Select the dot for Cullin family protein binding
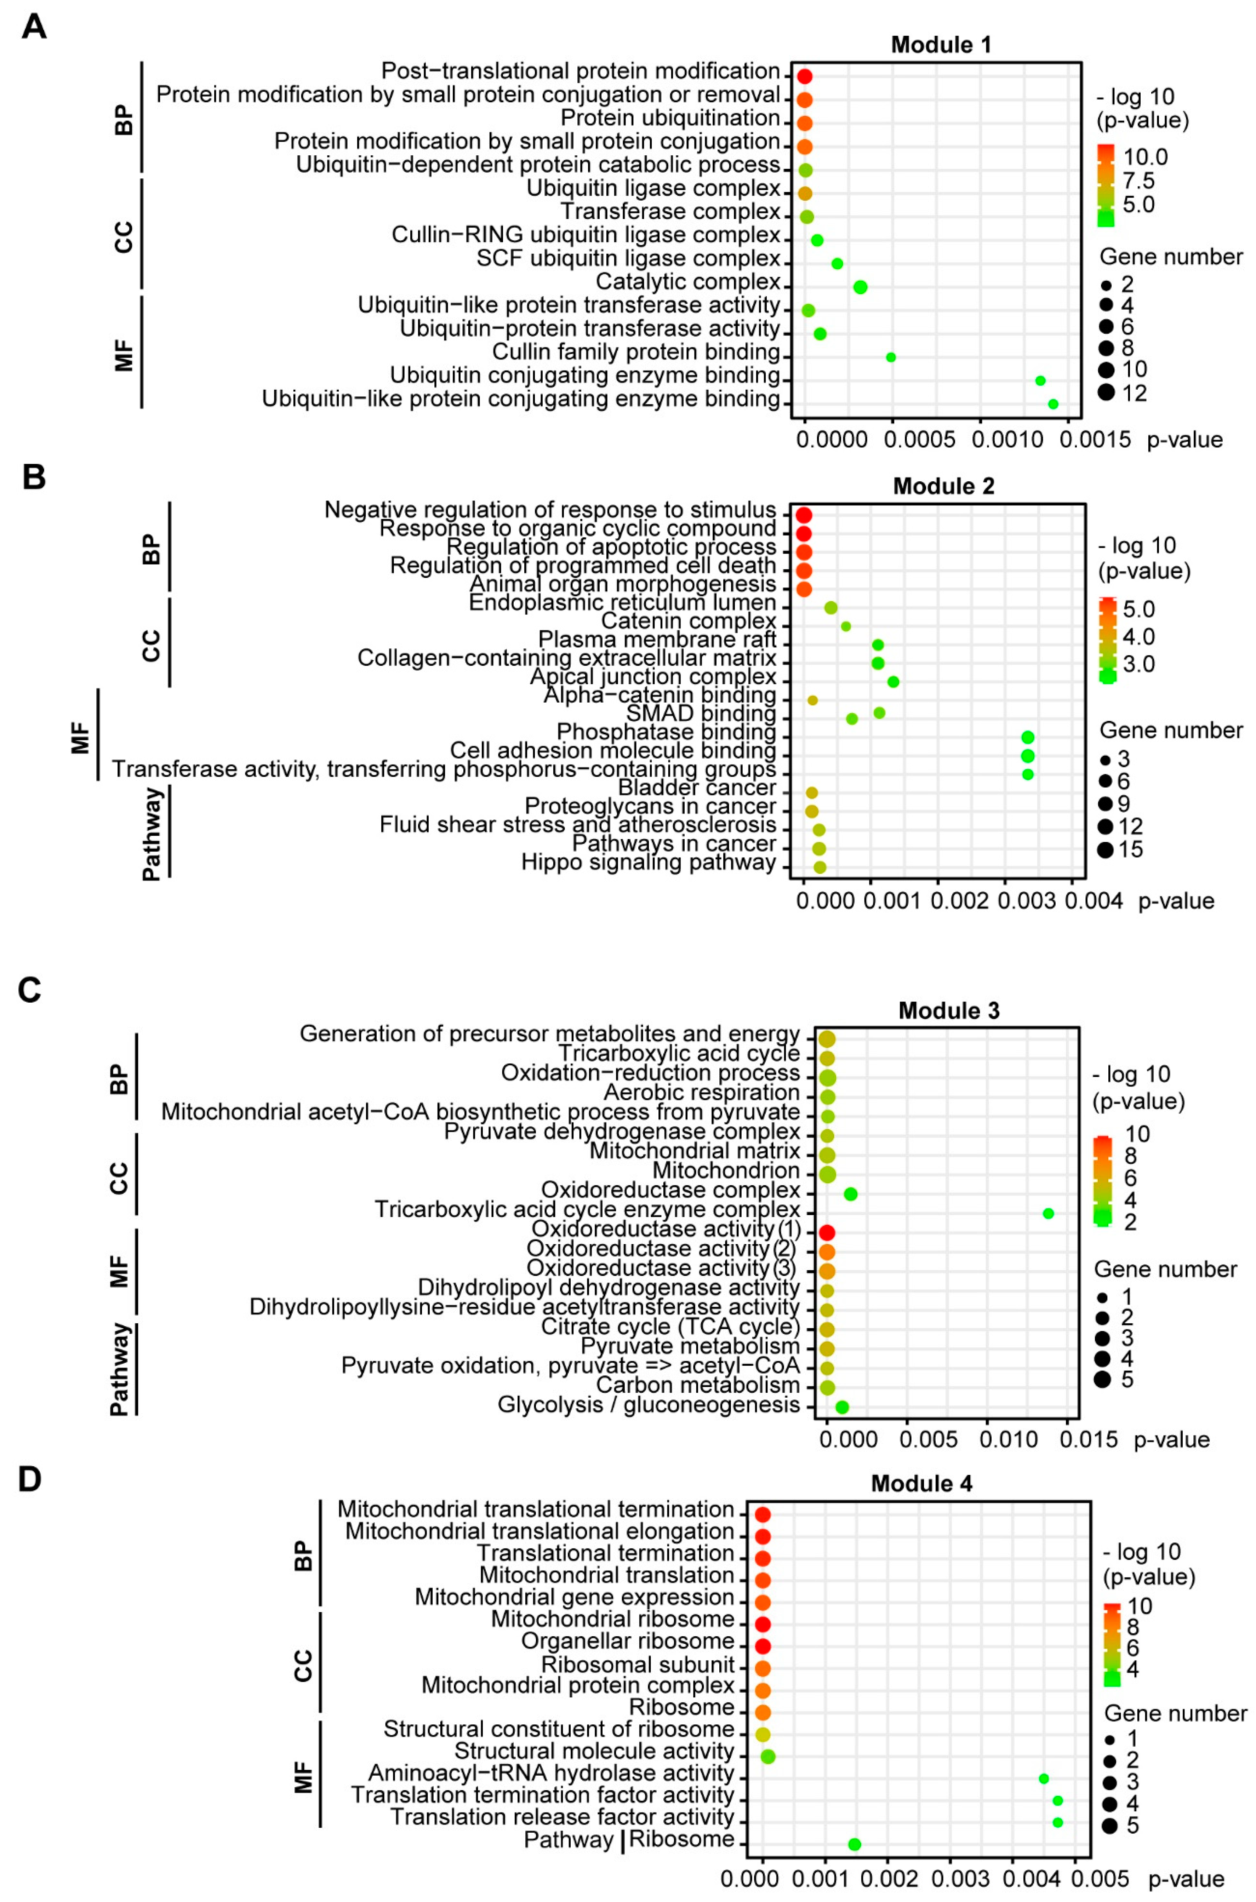(891, 357)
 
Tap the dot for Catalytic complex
(860, 287)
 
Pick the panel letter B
(34, 477)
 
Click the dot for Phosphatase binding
(1028, 737)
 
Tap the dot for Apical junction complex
(893, 682)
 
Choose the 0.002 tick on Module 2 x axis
(959, 901)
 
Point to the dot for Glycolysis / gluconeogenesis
(842, 1407)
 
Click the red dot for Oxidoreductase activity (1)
(827, 1232)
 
